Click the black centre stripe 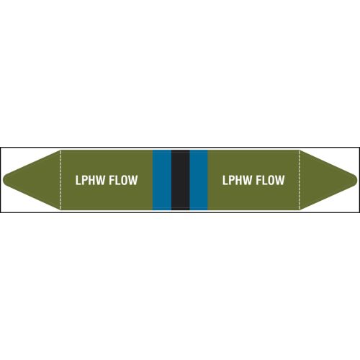pyautogui.click(x=181, y=180)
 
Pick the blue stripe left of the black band pyautogui.click(x=162, y=180)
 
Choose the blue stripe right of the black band pyautogui.click(x=199, y=180)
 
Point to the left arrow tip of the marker pyautogui.click(x=3, y=180)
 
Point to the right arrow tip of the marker pyautogui.click(x=357, y=180)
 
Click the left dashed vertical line pyautogui.click(x=60, y=180)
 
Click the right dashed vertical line pyautogui.click(x=300, y=180)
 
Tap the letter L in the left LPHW pyautogui.click(x=78, y=180)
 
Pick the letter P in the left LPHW pyautogui.click(x=85, y=180)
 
